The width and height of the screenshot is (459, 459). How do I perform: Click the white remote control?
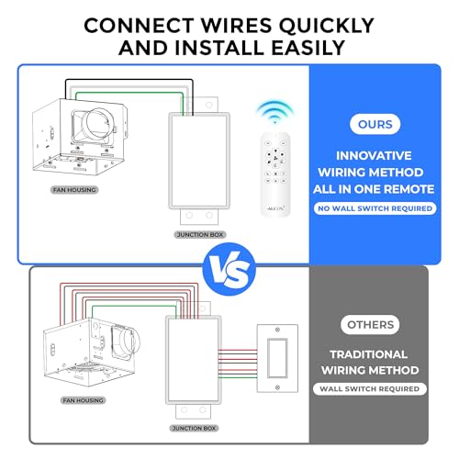pyautogui.click(x=275, y=174)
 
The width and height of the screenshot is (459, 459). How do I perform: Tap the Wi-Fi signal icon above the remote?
pyautogui.click(x=274, y=112)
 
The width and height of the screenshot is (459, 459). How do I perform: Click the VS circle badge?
pyautogui.click(x=229, y=269)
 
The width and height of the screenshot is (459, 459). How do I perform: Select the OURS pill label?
pyautogui.click(x=375, y=124)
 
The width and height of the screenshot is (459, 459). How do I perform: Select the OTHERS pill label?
pyautogui.click(x=370, y=324)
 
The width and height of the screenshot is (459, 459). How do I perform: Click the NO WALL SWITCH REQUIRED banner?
pyautogui.click(x=375, y=208)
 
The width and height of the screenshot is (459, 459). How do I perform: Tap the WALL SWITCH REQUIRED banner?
pyautogui.click(x=369, y=389)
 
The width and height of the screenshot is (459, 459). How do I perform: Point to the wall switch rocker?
pyautogui.click(x=277, y=358)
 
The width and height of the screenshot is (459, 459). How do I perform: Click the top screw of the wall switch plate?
pyautogui.click(x=277, y=330)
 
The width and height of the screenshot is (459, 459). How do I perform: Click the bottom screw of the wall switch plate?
pyautogui.click(x=277, y=387)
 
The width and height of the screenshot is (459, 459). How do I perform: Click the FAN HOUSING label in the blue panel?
pyautogui.click(x=74, y=190)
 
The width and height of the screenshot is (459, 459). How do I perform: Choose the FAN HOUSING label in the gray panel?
pyautogui.click(x=84, y=400)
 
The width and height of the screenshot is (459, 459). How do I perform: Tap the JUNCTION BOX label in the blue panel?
pyautogui.click(x=200, y=235)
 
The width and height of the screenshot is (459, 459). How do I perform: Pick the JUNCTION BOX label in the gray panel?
pyautogui.click(x=194, y=428)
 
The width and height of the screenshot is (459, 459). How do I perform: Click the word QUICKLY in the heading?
pyautogui.click(x=326, y=25)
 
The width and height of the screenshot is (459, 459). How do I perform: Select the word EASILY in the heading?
pyautogui.click(x=308, y=48)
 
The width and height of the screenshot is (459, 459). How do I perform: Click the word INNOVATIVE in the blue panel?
pyautogui.click(x=374, y=156)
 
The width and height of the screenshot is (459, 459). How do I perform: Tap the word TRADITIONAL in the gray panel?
pyautogui.click(x=368, y=354)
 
